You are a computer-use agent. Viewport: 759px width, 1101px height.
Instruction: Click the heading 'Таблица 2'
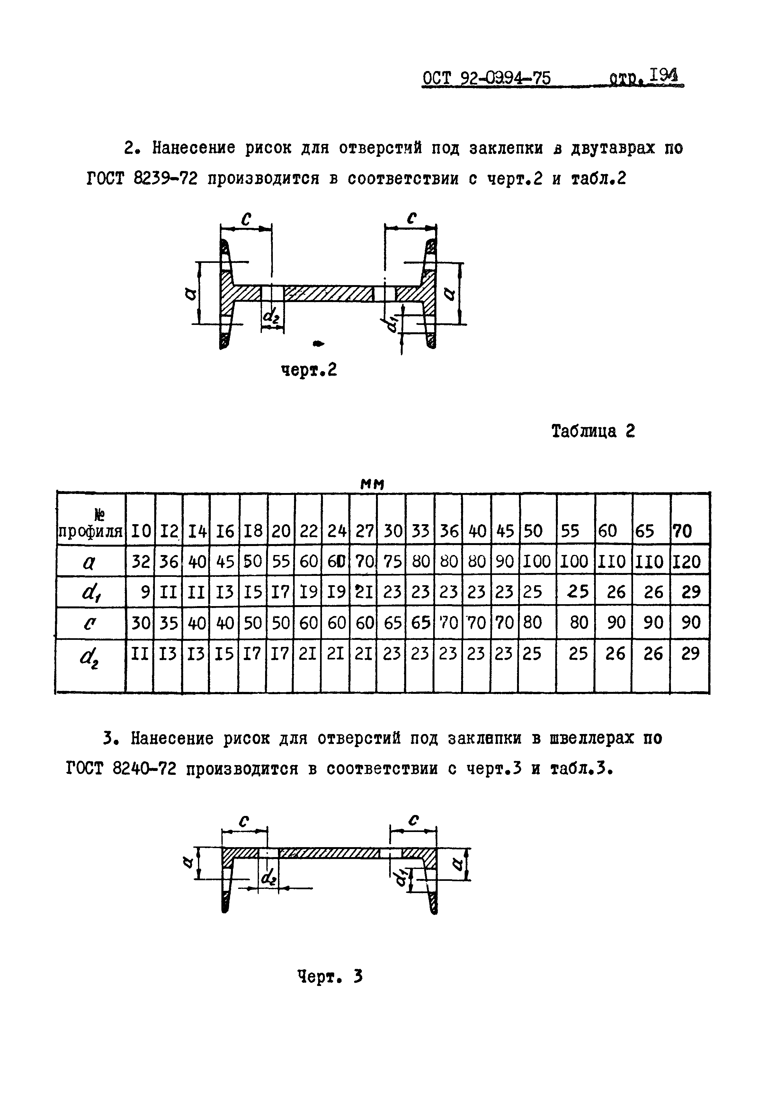click(x=593, y=431)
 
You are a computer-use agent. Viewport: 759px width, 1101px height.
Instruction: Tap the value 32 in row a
click(x=141, y=562)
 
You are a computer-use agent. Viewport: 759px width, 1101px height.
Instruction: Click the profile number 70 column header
click(x=683, y=531)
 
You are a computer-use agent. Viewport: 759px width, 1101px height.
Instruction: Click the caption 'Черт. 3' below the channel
click(x=330, y=977)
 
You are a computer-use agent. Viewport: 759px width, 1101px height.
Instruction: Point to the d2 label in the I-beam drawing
click(x=271, y=316)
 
